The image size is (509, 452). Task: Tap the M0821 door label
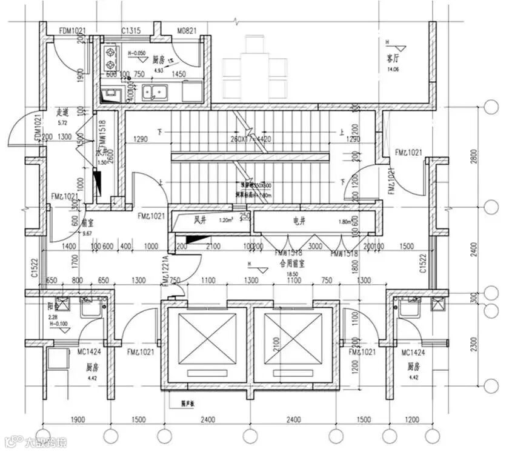click(188, 31)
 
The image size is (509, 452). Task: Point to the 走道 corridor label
click(63, 112)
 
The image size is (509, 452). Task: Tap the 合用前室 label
click(291, 265)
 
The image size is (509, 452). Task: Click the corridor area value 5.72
click(62, 122)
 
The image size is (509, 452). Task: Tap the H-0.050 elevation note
click(137, 53)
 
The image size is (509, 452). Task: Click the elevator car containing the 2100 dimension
click(293, 344)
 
